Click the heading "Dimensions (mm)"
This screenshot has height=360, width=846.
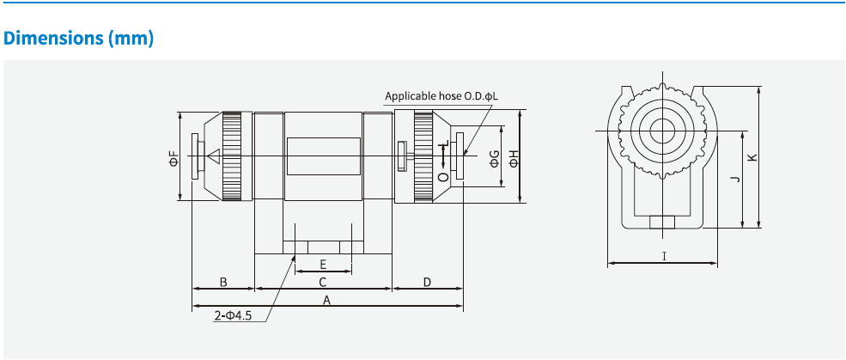tap(79, 39)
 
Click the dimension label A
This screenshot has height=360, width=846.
tap(326, 300)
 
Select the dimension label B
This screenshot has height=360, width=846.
tap(222, 282)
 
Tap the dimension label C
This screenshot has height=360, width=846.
tap(323, 282)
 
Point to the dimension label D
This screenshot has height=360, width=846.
tap(427, 282)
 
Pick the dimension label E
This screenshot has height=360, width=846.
tap(323, 264)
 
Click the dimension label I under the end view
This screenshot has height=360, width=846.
tap(663, 256)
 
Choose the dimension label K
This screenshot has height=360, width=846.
tap(752, 157)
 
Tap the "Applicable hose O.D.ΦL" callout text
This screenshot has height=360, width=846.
tap(441, 97)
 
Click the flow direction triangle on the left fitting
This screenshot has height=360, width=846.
tap(214, 157)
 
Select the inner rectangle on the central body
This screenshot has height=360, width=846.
tap(323, 157)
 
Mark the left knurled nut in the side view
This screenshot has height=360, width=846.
tap(233, 156)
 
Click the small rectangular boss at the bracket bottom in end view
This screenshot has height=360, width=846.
tap(662, 223)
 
